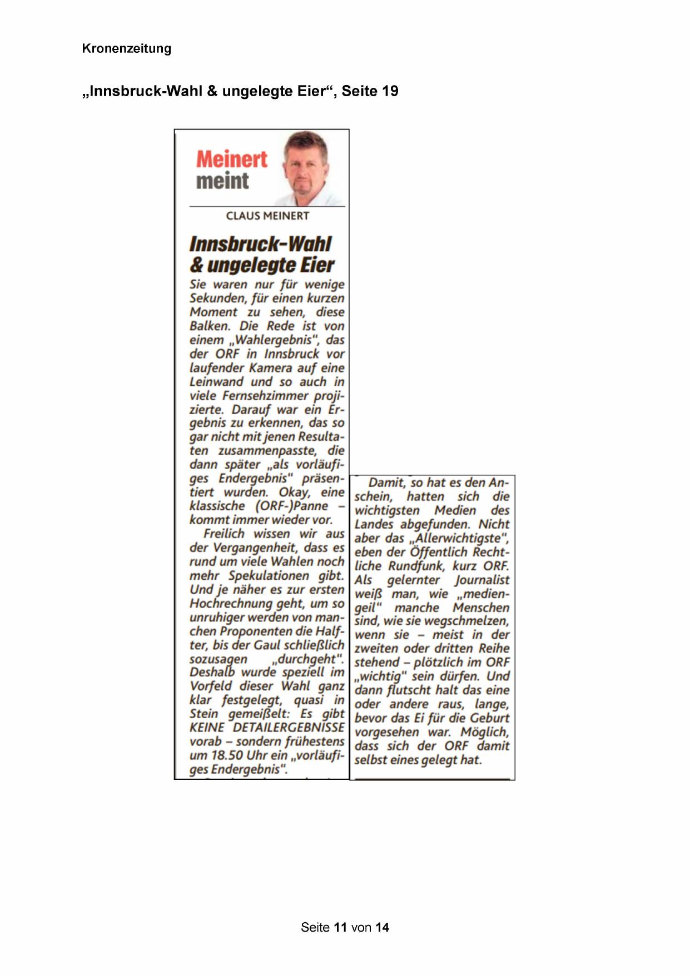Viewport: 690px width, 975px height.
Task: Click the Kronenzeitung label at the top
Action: [x=126, y=48]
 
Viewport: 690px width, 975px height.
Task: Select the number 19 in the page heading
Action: [x=390, y=91]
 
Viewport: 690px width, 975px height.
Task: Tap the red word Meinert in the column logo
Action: [x=231, y=160]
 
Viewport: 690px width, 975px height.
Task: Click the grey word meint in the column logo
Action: [x=222, y=181]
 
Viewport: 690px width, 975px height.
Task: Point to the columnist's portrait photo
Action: [x=307, y=168]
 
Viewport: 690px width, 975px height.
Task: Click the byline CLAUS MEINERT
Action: [x=267, y=216]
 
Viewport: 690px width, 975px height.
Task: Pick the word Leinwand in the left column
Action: [x=216, y=382]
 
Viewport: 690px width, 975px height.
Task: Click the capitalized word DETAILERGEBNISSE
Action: [x=289, y=728]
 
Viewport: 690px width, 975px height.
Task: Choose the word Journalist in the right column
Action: [x=481, y=580]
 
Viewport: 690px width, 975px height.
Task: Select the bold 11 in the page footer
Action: [x=340, y=927]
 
